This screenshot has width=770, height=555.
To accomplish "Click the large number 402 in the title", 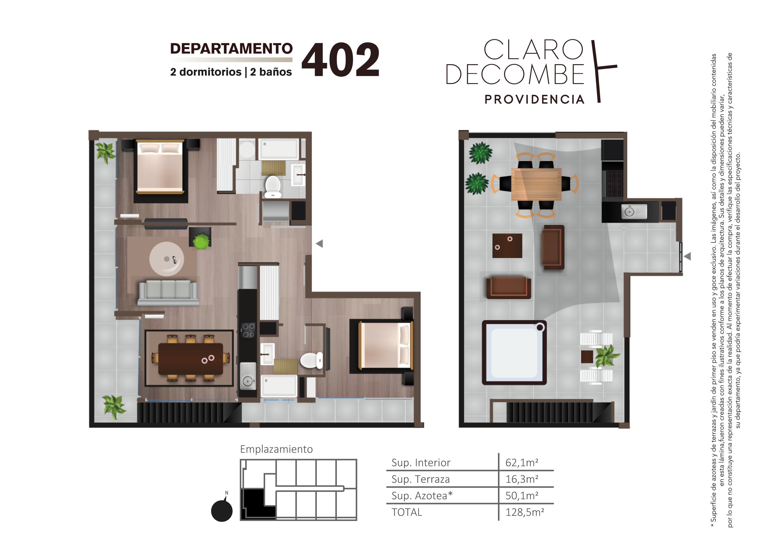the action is click(340, 59).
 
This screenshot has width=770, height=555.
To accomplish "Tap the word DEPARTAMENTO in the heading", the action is click(231, 48).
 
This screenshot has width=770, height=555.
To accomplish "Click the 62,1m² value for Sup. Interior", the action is click(522, 462).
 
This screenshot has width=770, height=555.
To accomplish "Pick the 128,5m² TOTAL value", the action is click(525, 512).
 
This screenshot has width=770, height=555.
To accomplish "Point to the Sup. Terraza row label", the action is click(421, 479).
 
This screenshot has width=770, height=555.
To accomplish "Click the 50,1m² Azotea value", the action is click(522, 496).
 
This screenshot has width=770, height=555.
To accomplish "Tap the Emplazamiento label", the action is click(276, 449).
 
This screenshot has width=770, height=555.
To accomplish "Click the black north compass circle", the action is click(222, 511).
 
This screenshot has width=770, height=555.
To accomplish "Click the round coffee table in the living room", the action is click(167, 259).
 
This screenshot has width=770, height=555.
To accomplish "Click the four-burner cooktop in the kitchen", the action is click(248, 330).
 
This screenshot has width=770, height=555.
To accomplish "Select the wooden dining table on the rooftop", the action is click(536, 184).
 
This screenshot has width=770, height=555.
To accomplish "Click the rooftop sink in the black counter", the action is click(634, 211).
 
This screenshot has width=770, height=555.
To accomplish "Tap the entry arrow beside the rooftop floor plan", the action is click(687, 256).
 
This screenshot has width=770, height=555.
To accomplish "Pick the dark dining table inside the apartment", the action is click(190, 359).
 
